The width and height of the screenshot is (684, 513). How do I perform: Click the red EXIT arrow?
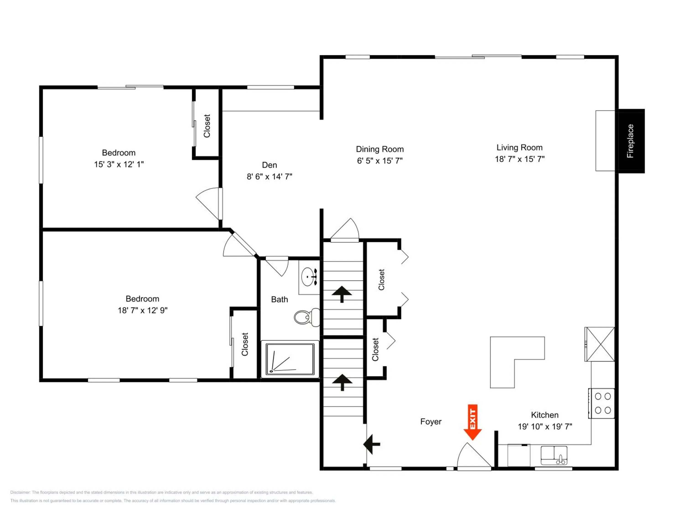tap(472, 422)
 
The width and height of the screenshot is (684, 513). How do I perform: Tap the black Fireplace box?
tap(631, 141)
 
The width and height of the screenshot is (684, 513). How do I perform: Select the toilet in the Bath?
tap(307, 317)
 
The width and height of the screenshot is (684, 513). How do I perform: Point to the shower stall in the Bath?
tap(290, 359)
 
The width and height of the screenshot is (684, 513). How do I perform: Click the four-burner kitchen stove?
tap(601, 403)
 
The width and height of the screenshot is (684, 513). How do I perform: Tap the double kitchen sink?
tap(554, 455)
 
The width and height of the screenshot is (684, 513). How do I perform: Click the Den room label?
tap(269, 165)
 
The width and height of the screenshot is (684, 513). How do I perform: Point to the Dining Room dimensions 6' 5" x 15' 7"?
tap(380, 161)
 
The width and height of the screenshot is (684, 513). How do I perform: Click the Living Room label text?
tap(519, 148)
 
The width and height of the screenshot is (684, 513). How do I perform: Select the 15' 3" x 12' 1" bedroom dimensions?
tap(119, 164)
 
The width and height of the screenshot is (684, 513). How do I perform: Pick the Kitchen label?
tap(545, 415)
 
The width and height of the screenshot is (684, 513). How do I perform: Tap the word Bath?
tap(280, 299)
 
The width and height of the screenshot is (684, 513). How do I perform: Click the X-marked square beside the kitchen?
tap(600, 344)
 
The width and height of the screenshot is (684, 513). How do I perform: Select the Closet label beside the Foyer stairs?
tap(375, 350)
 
